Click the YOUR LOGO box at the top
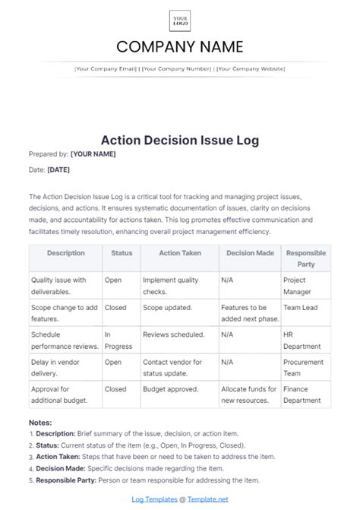[180, 20]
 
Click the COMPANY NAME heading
[180, 47]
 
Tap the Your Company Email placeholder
[106, 68]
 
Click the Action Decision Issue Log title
[180, 139]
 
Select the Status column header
[121, 253]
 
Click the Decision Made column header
[249, 253]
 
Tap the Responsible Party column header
[306, 258]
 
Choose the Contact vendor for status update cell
[172, 367]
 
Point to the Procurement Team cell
[305, 367]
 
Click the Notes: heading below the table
[40, 422]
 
